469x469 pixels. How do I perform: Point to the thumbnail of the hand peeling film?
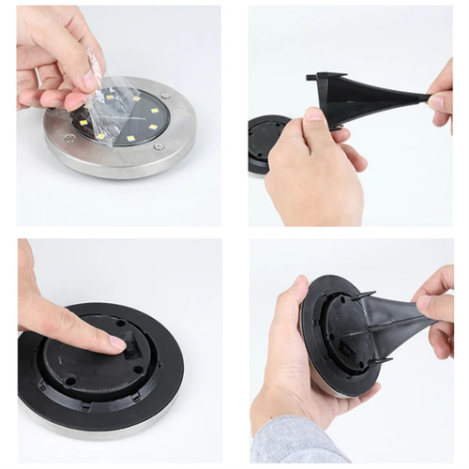pyautogui.click(x=91, y=82)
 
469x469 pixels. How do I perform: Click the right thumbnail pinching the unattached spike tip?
pyautogui.click(x=437, y=101)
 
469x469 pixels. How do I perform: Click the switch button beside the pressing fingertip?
pyautogui.click(x=134, y=346)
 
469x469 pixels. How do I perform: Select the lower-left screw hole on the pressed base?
pyautogui.click(x=70, y=382)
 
